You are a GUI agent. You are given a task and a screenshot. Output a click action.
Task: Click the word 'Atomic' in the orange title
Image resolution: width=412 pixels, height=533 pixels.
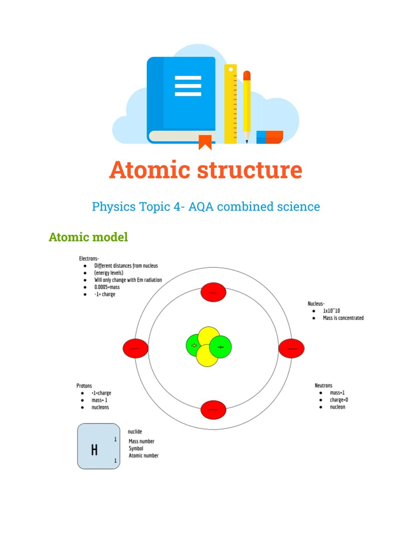[x=150, y=170]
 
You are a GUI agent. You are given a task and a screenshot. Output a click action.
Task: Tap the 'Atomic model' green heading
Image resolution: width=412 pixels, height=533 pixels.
[x=88, y=237]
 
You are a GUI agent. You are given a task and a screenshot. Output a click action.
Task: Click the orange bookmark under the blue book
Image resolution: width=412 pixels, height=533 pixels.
[x=205, y=142]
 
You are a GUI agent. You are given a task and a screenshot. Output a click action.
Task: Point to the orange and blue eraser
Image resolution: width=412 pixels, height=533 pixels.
[x=270, y=137]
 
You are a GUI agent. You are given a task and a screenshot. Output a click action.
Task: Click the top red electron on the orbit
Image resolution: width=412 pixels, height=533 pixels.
[x=213, y=293]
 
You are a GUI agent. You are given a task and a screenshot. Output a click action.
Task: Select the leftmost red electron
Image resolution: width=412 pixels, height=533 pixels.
[x=135, y=348]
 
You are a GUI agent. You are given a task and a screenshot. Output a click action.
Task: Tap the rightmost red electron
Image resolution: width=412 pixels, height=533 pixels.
[x=291, y=348]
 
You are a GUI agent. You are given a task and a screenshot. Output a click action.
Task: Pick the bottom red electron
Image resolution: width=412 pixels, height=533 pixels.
[x=213, y=409]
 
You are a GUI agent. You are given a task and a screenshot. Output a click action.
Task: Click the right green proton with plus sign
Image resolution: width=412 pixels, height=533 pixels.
[x=220, y=347]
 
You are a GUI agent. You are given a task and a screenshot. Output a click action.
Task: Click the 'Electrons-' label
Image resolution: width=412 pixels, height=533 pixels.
[x=89, y=259]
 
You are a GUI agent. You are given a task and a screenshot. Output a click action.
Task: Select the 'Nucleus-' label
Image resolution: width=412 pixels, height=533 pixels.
[x=316, y=304]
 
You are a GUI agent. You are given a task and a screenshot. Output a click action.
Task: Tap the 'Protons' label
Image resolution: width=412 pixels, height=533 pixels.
[x=84, y=386]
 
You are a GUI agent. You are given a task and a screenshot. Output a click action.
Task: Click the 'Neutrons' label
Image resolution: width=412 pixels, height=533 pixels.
[x=323, y=385]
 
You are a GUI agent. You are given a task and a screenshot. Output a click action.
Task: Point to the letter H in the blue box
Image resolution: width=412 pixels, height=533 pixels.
[x=94, y=450]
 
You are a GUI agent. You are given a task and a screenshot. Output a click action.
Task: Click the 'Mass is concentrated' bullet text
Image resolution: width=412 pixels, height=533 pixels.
[x=343, y=318]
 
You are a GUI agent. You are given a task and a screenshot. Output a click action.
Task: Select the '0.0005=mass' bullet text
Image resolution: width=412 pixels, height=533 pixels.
[x=107, y=287]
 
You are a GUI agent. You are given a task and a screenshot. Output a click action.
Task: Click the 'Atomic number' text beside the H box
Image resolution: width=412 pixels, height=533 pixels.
[x=143, y=456]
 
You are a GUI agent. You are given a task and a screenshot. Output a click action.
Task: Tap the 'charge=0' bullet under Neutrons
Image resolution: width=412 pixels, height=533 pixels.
[x=339, y=400]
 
